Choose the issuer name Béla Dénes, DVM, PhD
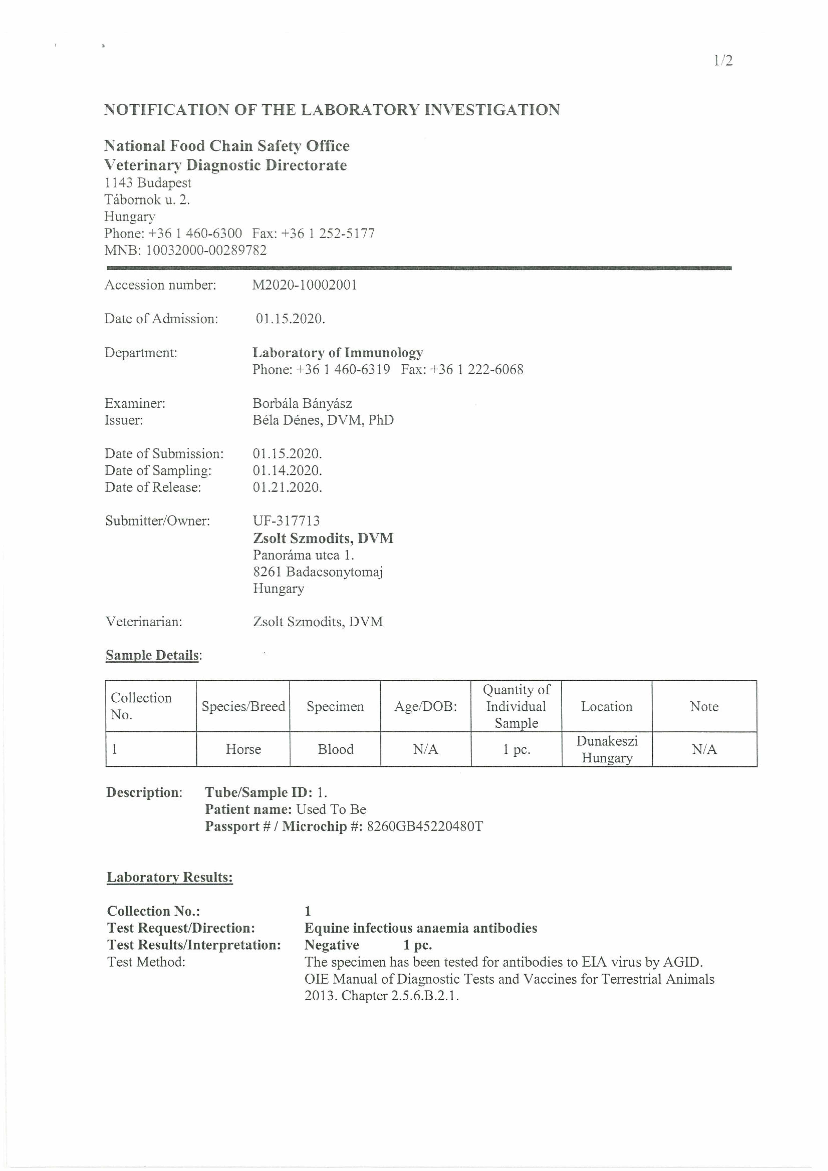point(323,420)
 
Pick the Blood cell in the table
point(335,749)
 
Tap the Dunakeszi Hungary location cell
point(607,749)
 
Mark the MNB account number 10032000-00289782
point(206,250)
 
